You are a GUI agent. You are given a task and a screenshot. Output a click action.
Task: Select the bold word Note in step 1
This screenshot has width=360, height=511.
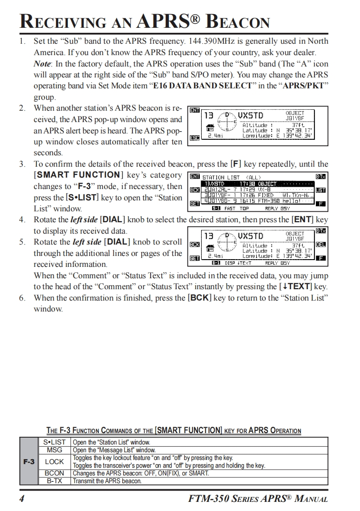click(43, 64)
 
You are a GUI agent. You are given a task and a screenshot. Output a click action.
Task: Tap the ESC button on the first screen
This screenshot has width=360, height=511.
click(194, 138)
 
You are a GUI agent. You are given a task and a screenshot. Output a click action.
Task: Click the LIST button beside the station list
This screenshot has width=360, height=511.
click(321, 190)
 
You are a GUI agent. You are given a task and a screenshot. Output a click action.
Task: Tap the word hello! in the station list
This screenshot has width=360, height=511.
click(291, 200)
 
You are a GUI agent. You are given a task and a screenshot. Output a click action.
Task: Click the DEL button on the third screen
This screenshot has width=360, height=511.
click(321, 245)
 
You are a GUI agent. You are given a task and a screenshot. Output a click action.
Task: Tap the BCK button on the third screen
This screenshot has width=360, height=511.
click(194, 245)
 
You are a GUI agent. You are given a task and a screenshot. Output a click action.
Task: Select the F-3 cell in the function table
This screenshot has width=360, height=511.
click(29, 461)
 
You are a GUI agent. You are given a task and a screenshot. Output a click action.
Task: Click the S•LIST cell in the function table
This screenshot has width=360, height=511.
click(54, 442)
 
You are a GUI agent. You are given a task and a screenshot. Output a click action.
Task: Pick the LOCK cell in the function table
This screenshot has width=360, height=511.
click(54, 461)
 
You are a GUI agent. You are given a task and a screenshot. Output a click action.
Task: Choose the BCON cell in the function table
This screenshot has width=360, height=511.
click(54, 473)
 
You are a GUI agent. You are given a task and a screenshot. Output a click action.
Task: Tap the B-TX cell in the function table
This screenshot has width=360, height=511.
click(54, 480)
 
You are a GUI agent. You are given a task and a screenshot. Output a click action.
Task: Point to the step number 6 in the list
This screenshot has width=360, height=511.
click(22, 298)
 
